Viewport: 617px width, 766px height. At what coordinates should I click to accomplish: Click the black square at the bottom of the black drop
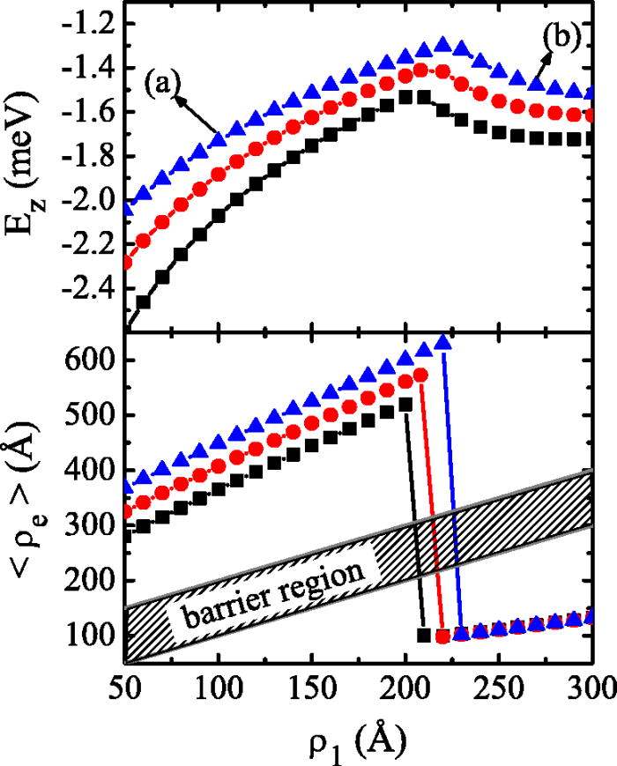[x=424, y=635]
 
